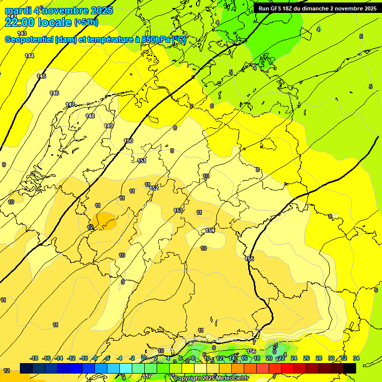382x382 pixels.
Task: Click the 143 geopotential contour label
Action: pyautogui.click(x=22, y=33)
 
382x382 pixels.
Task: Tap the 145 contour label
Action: pyautogui.click(x=41, y=76)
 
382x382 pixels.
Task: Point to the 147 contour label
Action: pyautogui.click(x=70, y=104)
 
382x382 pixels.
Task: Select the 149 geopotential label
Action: pyautogui.click(x=108, y=126)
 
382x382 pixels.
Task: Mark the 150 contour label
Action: pyautogui.click(x=128, y=141)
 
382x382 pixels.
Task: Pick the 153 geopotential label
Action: pyautogui.click(x=178, y=210)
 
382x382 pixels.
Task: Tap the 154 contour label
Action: pyautogui.click(x=210, y=230)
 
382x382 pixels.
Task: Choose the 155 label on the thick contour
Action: pyautogui.click(x=249, y=259)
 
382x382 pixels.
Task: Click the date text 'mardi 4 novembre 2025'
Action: pyautogui.click(x=59, y=10)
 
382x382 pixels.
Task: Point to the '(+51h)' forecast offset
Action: pyautogui.click(x=86, y=22)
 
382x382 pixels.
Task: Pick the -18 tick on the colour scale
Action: pyautogui.click(x=34, y=359)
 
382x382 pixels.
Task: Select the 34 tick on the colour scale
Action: pyautogui.click(x=356, y=359)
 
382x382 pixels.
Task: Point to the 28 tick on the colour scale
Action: pyautogui.click(x=319, y=359)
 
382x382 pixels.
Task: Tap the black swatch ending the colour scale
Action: pyautogui.click(x=349, y=368)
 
